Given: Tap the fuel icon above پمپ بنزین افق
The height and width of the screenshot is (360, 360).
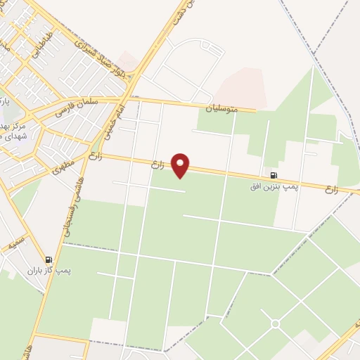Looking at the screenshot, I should pyautogui.click(x=273, y=175).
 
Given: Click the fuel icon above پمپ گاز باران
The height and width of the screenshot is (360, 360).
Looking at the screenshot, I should pyautogui.click(x=49, y=259).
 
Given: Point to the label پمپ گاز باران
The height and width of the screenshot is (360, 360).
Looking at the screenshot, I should pyautogui.click(x=51, y=271).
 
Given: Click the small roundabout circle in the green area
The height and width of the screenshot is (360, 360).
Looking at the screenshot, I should pyautogui.click(x=275, y=323).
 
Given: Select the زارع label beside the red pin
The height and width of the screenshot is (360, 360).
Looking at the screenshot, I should pyautogui.click(x=157, y=165).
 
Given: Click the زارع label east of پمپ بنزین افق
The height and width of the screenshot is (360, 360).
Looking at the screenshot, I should pyautogui.click(x=333, y=188).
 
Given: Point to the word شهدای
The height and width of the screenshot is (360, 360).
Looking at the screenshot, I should pyautogui.click(x=13, y=136).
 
